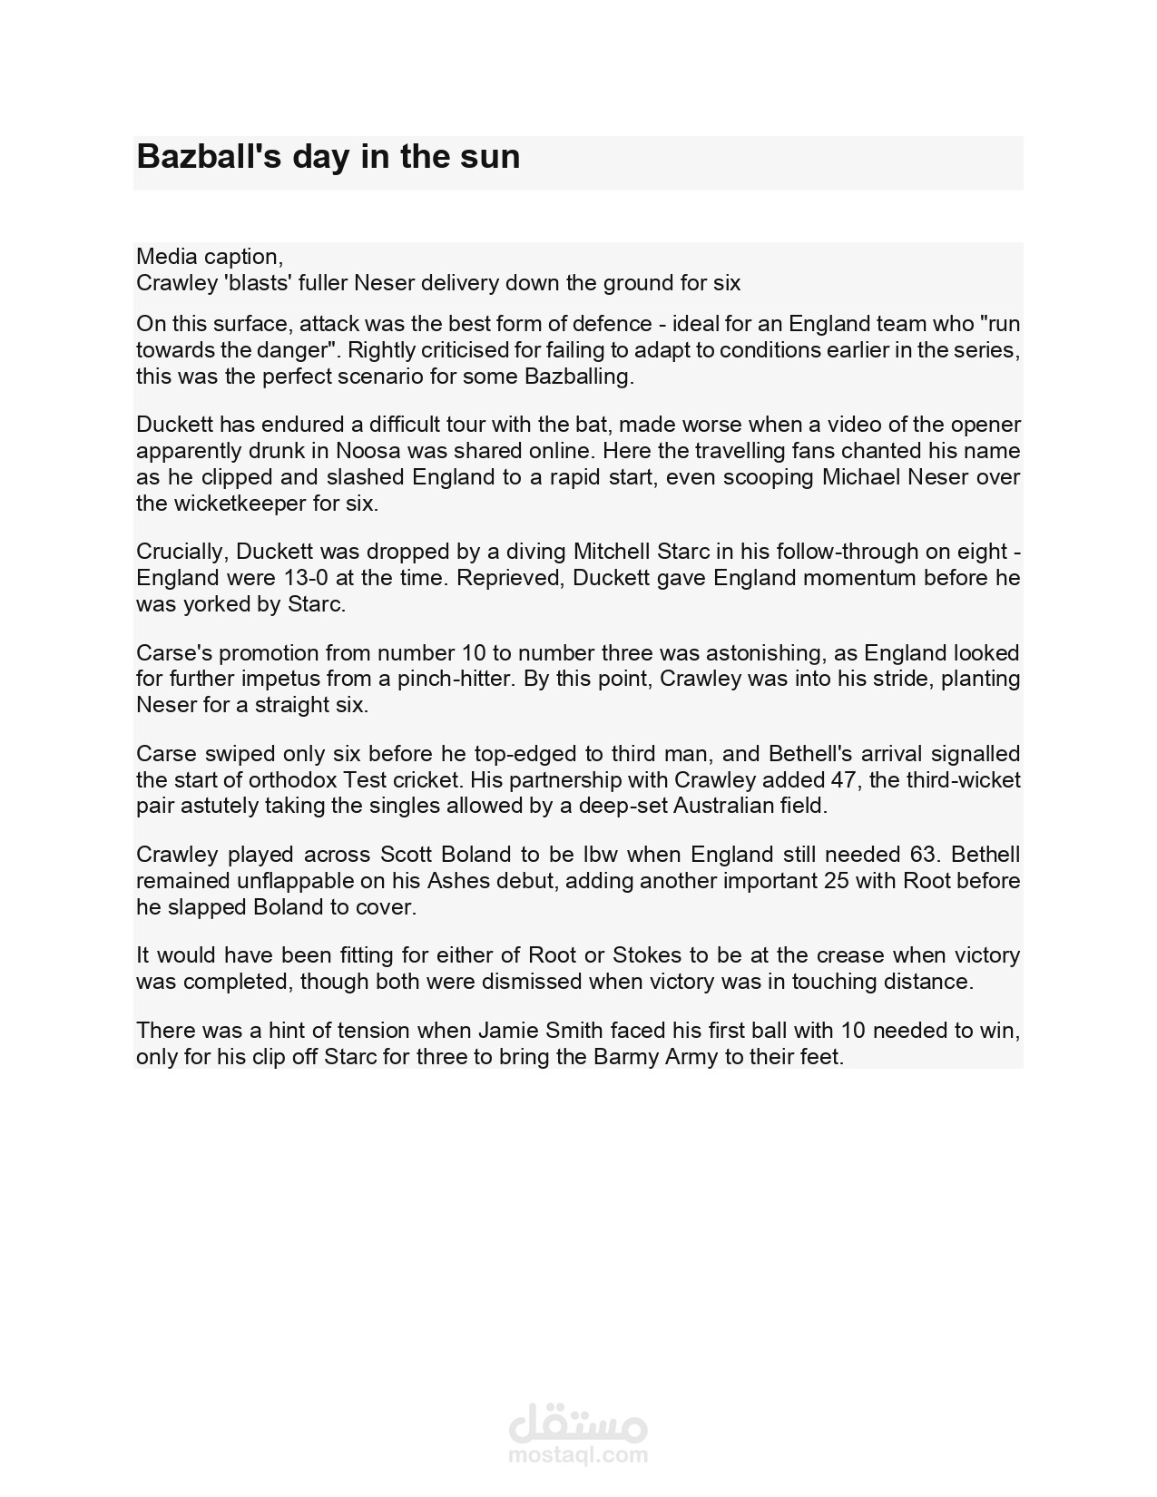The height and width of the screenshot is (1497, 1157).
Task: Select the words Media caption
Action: click(x=208, y=257)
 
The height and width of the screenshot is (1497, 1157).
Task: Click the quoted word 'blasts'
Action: click(x=257, y=283)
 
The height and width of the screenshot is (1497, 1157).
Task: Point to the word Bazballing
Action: click(x=578, y=377)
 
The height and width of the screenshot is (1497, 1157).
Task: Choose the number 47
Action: click(x=843, y=780)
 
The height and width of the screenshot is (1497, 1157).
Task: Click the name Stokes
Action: click(x=646, y=955)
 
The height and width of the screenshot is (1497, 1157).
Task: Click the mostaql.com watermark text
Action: click(x=578, y=1456)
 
